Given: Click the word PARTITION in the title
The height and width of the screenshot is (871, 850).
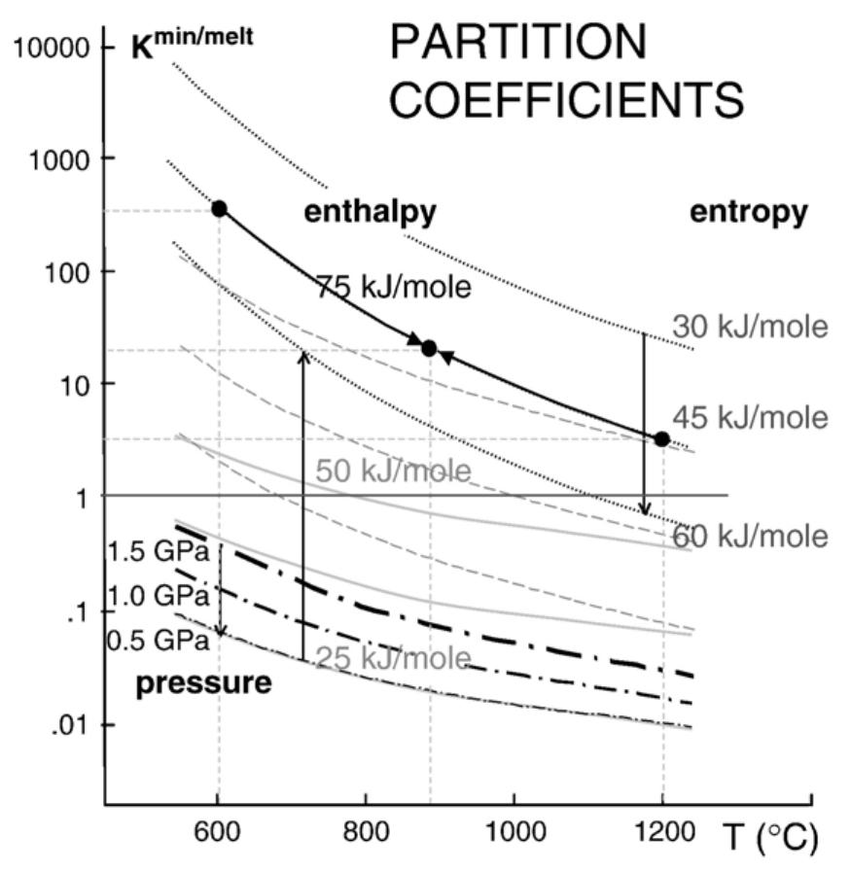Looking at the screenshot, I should click(x=516, y=42).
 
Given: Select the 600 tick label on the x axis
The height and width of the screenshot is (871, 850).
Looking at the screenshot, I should click(x=217, y=834).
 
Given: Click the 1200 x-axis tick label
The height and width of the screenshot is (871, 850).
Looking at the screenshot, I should click(x=663, y=834).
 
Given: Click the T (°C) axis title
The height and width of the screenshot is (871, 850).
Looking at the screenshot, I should click(x=767, y=835).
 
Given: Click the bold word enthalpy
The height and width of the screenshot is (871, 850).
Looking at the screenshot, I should click(x=370, y=212).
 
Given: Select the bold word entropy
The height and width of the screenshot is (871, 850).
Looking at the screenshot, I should click(x=748, y=212).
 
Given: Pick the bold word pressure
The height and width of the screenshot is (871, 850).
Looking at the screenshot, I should click(x=203, y=682).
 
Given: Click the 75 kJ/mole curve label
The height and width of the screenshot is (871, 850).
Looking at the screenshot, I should click(x=393, y=287).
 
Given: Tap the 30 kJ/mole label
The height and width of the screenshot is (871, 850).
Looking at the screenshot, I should click(x=750, y=327).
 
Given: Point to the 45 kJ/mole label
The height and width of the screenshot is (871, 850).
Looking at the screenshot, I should click(x=750, y=417).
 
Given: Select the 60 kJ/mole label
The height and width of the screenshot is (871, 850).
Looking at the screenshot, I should click(x=750, y=536).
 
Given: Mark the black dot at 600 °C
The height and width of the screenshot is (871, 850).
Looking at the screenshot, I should click(x=220, y=209).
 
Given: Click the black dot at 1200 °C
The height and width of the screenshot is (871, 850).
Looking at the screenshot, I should click(x=661, y=439).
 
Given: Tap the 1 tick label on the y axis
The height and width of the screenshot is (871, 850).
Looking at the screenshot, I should click(x=83, y=497).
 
